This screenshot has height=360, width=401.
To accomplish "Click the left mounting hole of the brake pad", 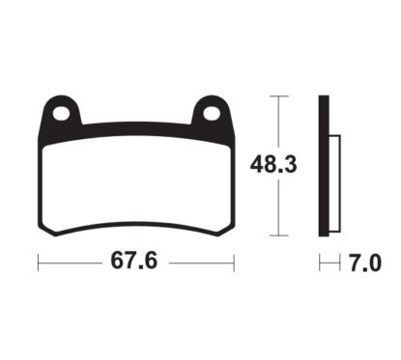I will [x=63, y=112].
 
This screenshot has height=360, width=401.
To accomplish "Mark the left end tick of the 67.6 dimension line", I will [x=38, y=262].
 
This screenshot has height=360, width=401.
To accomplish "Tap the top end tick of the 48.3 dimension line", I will [x=279, y=97].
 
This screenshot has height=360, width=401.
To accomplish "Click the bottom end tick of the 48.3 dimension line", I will [x=279, y=235].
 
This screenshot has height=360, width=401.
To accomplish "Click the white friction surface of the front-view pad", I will [x=137, y=179].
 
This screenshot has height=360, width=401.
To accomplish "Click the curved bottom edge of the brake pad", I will [x=137, y=223].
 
